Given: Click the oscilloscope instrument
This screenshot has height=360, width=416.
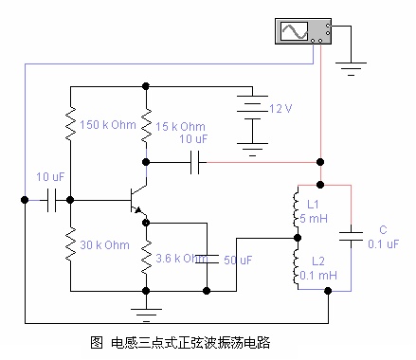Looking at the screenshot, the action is point(303,31).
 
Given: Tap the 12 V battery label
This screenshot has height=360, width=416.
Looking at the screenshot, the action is point(280,109).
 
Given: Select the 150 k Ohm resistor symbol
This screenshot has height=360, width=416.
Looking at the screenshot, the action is point(70,123).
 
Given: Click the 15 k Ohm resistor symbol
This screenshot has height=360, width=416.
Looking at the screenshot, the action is point(146,126).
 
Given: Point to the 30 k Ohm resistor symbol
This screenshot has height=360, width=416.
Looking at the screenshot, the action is point(70,243).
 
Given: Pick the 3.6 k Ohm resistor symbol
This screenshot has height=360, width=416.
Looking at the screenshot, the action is point(146,257).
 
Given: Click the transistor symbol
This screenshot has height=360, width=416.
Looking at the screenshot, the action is point(137,200).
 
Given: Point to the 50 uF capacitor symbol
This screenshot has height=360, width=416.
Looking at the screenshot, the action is point(207,259).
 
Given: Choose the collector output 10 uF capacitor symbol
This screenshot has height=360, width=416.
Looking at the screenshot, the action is point(195,162).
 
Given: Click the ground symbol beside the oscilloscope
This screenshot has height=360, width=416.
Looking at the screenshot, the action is point(351,69).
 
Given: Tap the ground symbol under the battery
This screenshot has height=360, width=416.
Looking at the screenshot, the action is point(252,150).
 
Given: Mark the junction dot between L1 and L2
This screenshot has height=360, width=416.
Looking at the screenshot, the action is point(298,238).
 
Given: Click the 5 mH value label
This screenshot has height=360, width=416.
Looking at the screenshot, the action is point(314,219).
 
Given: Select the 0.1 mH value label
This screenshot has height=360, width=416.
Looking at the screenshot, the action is point(318,276).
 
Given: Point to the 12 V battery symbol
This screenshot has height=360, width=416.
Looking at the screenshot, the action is point(252,107).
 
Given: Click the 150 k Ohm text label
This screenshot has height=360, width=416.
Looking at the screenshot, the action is point(108,125).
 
